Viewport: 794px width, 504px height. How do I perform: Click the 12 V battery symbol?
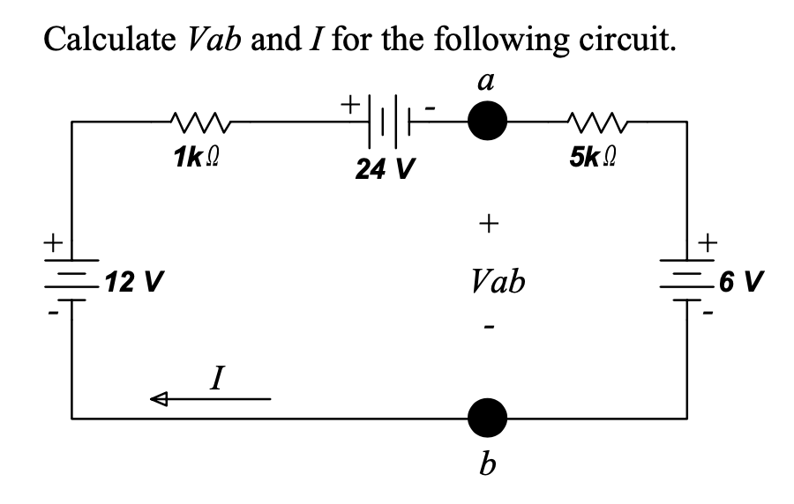click(x=72, y=280)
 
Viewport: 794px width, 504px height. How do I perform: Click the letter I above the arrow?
click(x=214, y=381)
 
